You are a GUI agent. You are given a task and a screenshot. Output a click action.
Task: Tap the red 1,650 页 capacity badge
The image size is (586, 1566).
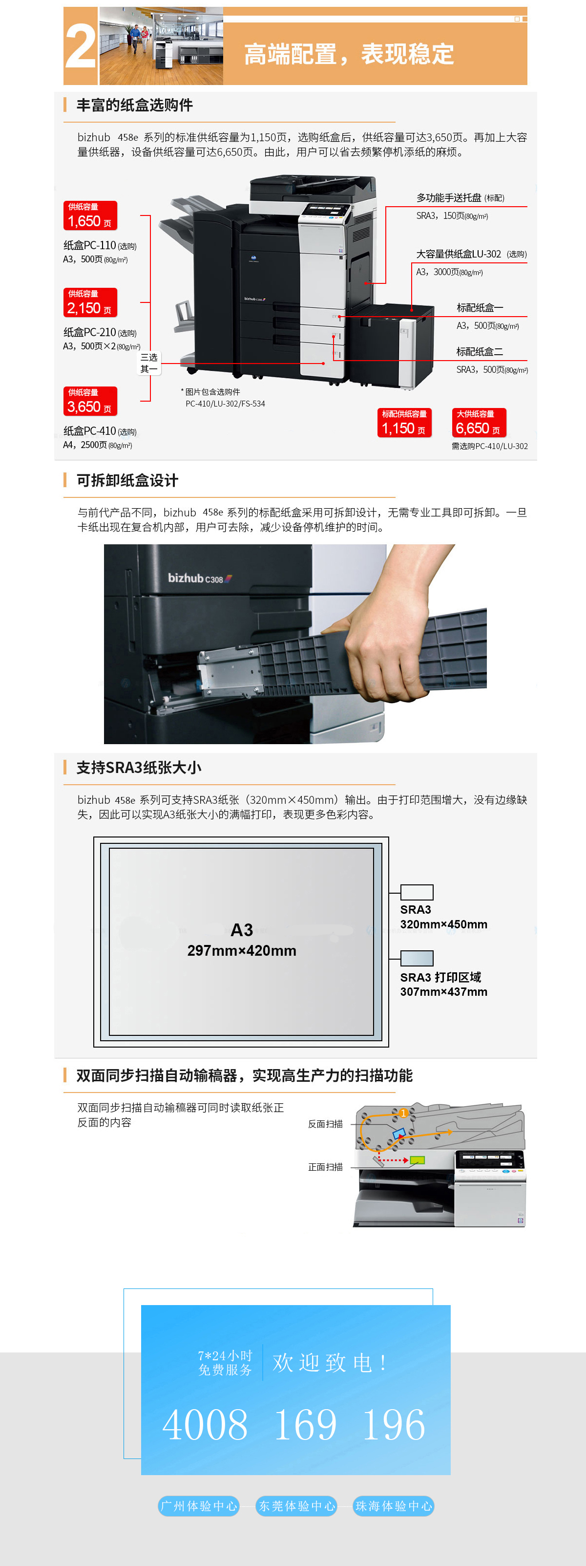tap(90, 216)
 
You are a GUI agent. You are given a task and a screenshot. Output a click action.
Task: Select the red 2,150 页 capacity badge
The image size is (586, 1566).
tap(90, 303)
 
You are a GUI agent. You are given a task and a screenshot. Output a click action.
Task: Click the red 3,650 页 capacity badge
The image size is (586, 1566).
tap(90, 401)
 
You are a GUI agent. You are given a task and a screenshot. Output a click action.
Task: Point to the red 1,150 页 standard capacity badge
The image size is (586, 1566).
tap(404, 423)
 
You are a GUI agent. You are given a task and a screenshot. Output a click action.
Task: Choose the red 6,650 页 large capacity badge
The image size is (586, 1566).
tap(479, 423)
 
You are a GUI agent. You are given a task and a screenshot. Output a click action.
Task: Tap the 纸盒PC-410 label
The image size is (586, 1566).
tap(90, 430)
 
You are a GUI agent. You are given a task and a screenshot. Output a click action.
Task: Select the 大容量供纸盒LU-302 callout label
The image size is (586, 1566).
tap(459, 254)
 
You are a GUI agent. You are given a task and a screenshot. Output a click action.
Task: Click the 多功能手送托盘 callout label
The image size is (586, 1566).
tap(449, 197)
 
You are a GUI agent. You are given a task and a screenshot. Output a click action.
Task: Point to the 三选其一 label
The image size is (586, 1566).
tap(149, 363)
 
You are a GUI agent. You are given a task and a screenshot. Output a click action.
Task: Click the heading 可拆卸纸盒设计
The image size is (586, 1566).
tap(127, 480)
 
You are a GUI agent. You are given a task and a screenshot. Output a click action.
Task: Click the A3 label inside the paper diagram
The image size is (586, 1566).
tap(241, 929)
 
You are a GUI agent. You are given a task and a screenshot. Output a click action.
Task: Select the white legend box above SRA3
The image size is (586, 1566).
tap(417, 892)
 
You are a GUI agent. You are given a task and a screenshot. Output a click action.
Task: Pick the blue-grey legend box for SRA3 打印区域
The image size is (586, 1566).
tap(417, 958)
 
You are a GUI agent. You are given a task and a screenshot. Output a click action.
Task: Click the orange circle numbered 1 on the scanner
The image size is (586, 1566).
tap(403, 1113)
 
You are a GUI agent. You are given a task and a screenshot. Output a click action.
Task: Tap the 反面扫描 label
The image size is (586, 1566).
tap(325, 1124)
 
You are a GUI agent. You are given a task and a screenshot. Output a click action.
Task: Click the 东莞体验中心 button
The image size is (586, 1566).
tap(296, 1506)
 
